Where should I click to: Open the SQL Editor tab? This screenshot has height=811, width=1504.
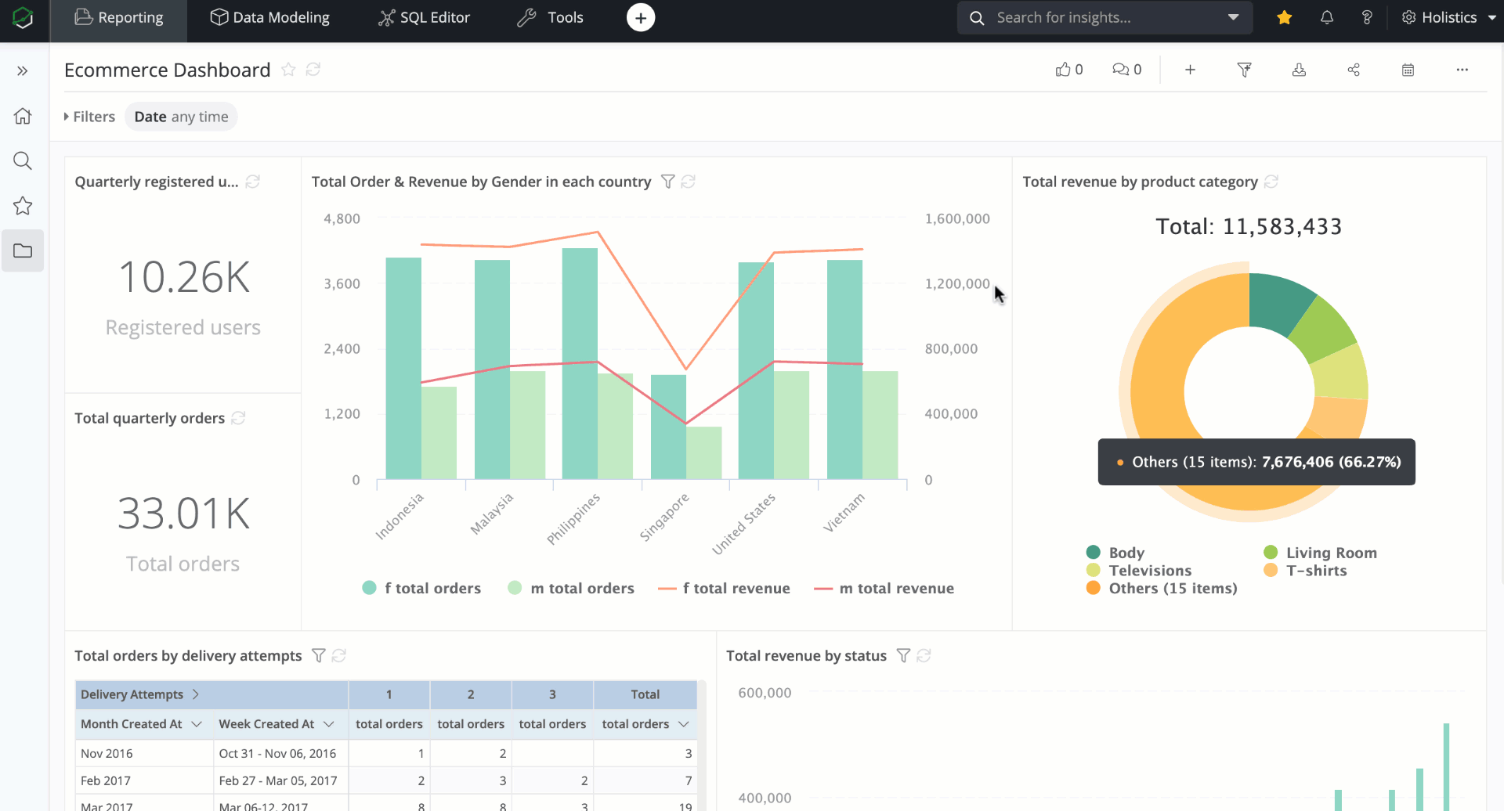(424, 17)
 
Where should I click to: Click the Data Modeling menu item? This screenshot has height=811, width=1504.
(270, 17)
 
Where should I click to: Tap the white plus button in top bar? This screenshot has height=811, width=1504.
(640, 17)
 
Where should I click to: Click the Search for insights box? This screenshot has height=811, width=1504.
(1097, 17)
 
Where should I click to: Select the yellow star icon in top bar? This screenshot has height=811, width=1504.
(1284, 17)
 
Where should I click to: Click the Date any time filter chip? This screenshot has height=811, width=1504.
(181, 117)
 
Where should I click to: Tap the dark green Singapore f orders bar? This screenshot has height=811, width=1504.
(667, 427)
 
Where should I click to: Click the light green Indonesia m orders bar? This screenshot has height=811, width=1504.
(439, 432)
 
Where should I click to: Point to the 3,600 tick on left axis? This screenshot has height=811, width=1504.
(342, 283)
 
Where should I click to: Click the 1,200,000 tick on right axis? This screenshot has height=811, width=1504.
(956, 283)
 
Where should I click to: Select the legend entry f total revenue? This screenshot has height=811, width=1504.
(725, 588)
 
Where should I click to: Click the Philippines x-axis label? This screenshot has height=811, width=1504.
(573, 518)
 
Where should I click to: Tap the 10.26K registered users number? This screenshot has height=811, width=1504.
(183, 277)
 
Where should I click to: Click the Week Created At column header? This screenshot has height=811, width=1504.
(267, 724)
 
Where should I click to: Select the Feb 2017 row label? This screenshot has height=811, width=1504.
(106, 780)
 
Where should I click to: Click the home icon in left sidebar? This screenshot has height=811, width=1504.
(23, 116)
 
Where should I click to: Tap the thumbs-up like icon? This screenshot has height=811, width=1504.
(1062, 70)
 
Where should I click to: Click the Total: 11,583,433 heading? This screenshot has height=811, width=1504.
(1249, 226)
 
